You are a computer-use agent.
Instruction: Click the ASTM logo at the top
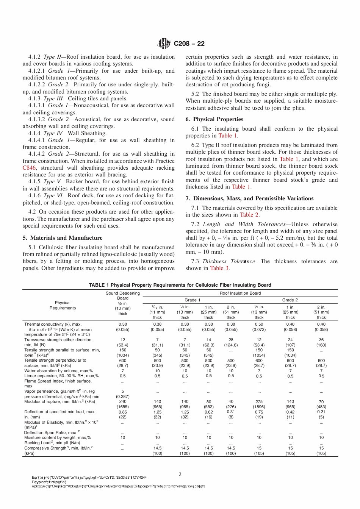pos(164,44)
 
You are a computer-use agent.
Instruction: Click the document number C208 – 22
pos(189,44)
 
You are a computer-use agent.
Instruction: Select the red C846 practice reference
pos(29,168)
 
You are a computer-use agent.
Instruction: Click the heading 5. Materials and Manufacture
pos(63,238)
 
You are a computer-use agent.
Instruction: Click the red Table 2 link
pos(249,215)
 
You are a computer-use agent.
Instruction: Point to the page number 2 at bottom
pos(180,474)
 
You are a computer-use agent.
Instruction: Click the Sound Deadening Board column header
pos(123,293)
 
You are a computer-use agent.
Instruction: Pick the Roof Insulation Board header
pos(240,293)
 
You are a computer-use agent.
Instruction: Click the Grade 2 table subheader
pos(290,300)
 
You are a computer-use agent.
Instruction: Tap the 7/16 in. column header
pos(157,307)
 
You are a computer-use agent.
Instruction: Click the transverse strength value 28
pos(231,340)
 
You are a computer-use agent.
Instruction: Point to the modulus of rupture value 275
pos(259,401)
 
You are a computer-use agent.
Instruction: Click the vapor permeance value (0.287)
pos(123,396)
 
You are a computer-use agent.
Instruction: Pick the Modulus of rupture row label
pos(59,401)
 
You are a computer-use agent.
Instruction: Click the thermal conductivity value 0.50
pos(259,324)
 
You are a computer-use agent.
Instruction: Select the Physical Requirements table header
pos(63,305)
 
